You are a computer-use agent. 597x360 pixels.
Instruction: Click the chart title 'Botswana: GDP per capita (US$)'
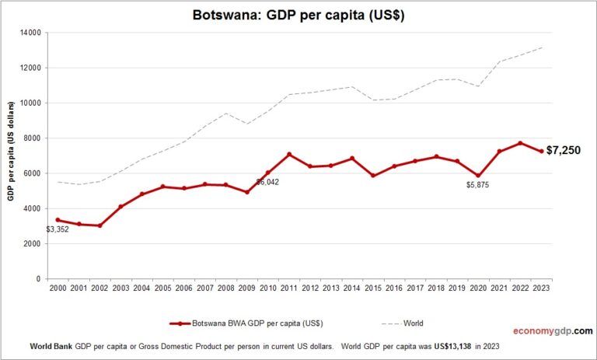click(298, 16)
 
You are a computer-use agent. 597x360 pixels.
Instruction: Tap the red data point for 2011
click(289, 154)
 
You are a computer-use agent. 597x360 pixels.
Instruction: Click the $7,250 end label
click(564, 150)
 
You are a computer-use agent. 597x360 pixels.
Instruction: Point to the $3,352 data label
click(58, 229)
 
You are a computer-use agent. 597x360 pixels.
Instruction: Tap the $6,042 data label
click(267, 181)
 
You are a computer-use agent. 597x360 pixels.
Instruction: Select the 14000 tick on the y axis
click(32, 33)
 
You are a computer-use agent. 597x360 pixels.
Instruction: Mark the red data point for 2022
click(521, 143)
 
